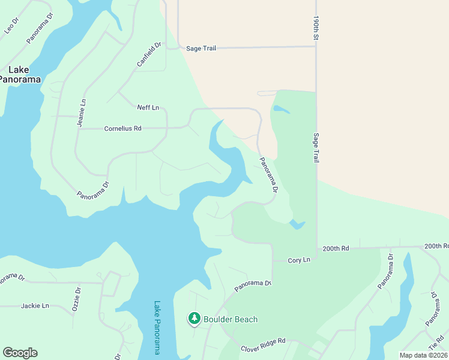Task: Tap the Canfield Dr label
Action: (x=149, y=54)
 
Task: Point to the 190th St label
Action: (x=315, y=29)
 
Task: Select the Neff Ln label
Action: (x=148, y=107)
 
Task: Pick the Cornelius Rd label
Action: (x=122, y=128)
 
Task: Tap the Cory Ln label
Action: (x=299, y=260)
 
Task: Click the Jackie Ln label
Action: (x=35, y=305)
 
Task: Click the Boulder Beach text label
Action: (x=230, y=319)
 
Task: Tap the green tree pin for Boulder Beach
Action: (x=194, y=319)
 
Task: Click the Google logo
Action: (x=20, y=353)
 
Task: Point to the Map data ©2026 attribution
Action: (x=423, y=355)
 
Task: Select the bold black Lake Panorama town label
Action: (x=20, y=74)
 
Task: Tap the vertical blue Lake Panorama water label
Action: (x=157, y=327)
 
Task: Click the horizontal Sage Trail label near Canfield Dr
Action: (x=200, y=48)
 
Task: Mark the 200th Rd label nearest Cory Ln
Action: (x=336, y=248)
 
